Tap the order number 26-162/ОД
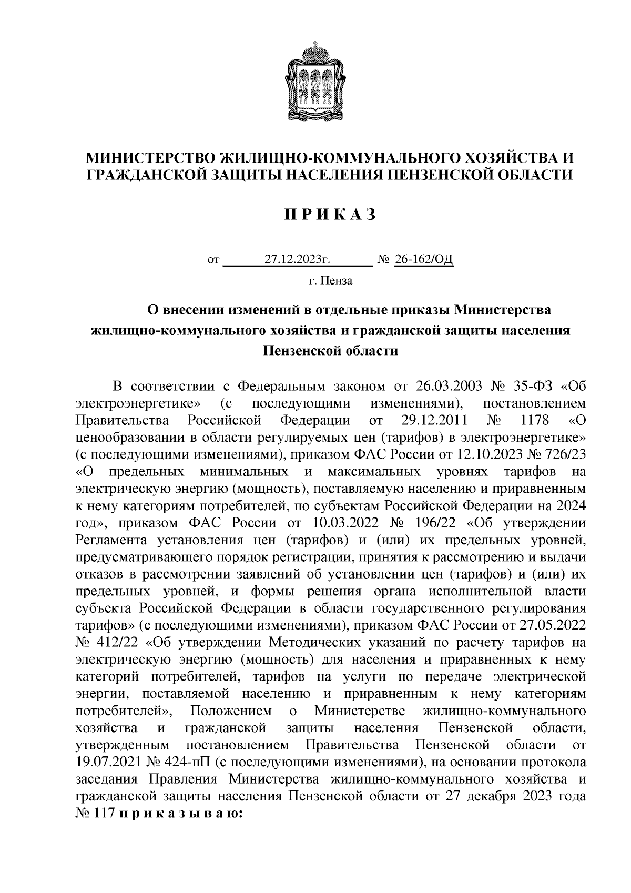423,260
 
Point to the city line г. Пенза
331,281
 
